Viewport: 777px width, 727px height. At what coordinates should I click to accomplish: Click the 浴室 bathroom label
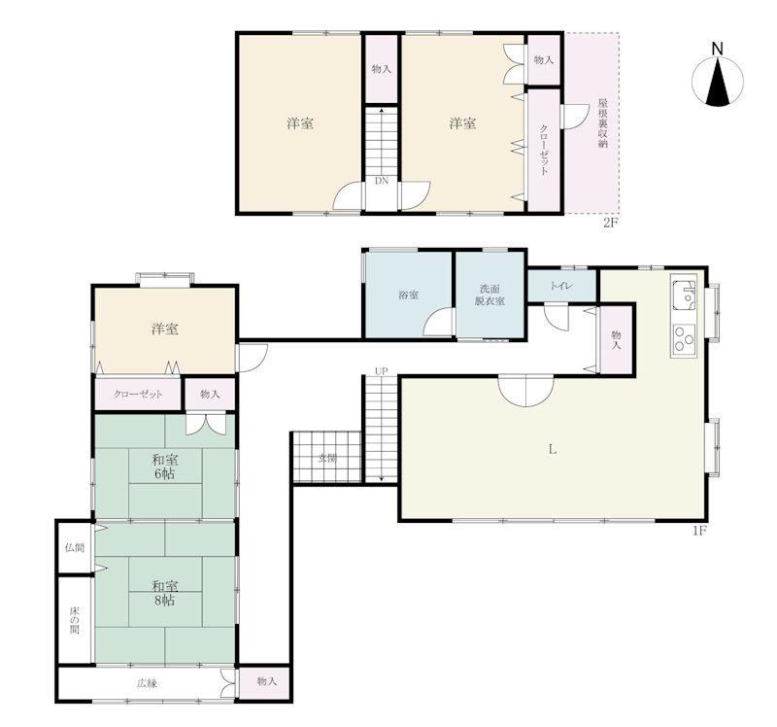click(408, 295)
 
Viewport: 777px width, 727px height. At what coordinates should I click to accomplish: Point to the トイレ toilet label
click(561, 286)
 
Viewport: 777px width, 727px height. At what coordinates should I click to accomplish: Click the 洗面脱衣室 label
click(490, 294)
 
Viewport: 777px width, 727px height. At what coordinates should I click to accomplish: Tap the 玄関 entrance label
click(326, 459)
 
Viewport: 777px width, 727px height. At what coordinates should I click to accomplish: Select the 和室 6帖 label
click(164, 467)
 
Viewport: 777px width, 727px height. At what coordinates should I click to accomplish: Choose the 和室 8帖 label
click(164, 593)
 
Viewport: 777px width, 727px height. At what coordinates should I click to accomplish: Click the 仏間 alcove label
click(75, 548)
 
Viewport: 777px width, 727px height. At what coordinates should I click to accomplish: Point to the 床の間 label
click(75, 619)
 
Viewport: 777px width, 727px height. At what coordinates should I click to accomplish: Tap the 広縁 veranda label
click(148, 683)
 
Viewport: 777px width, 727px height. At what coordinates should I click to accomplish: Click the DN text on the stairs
click(382, 181)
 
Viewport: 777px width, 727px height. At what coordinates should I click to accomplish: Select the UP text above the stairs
click(381, 371)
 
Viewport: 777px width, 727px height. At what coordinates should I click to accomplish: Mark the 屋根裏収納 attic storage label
click(602, 123)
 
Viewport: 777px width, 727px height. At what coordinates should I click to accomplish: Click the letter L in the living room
click(552, 449)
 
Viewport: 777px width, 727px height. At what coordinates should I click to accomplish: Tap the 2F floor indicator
click(611, 223)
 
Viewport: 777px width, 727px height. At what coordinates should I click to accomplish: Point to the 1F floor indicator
click(698, 532)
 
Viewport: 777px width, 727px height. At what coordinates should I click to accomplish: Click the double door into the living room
click(525, 390)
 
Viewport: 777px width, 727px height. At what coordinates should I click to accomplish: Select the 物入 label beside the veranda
click(266, 681)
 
